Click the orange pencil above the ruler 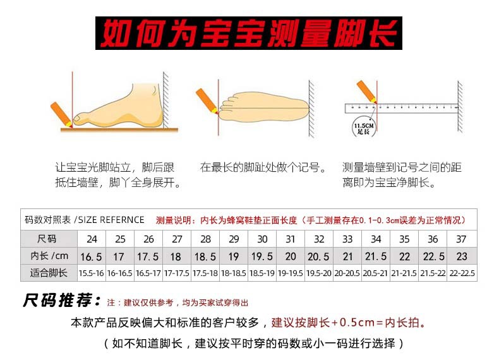(x=366, y=91)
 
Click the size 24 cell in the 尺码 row (x=92, y=239)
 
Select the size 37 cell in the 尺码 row (x=462, y=239)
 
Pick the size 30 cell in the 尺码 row (x=263, y=239)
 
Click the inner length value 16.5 (x=92, y=256)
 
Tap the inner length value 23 (x=462, y=256)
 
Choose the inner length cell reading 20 (x=291, y=256)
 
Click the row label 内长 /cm (x=49, y=256)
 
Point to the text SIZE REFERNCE (x=111, y=220)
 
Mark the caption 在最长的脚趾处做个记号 (x=263, y=168)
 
